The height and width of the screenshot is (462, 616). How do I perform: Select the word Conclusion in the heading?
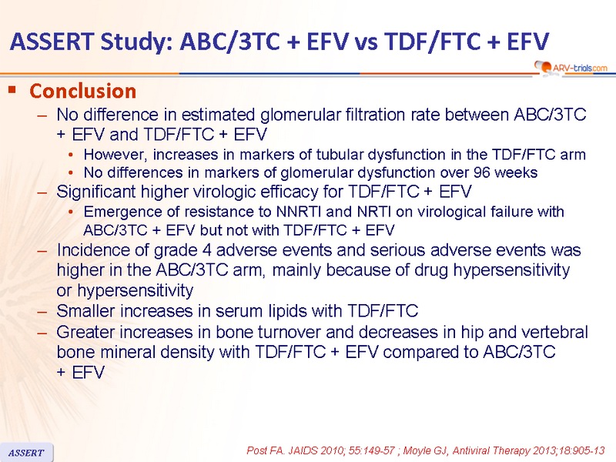click(x=83, y=91)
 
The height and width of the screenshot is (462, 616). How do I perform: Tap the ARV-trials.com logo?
click(x=571, y=68)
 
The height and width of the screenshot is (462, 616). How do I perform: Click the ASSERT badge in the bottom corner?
click(x=26, y=453)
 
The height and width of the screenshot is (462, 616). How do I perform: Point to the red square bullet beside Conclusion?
click(x=12, y=89)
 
